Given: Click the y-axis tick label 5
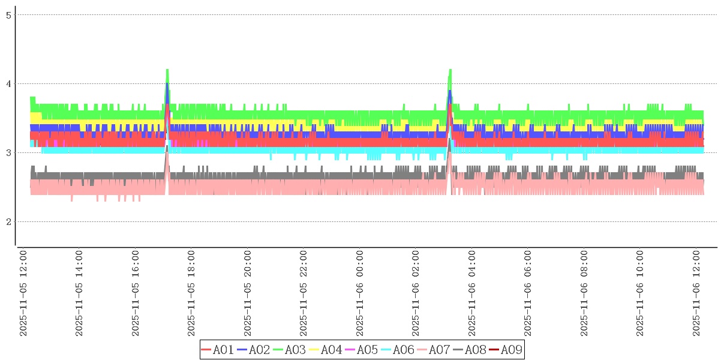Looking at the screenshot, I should coord(9,15).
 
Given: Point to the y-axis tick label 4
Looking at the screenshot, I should coord(9,84).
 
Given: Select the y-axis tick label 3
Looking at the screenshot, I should coord(9,153).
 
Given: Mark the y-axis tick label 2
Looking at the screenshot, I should coord(9,222).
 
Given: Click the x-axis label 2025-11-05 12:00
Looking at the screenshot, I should coord(23,295).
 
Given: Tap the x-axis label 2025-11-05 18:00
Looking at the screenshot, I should coord(191,295).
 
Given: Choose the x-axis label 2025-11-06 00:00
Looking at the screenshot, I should coord(360,295).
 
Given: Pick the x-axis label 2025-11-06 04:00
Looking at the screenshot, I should coord(472,295).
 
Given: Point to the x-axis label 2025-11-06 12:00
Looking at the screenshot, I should coord(696,295).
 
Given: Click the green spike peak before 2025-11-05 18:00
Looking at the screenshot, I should coord(167,70).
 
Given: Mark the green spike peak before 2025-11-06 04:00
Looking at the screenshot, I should coord(450,70).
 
